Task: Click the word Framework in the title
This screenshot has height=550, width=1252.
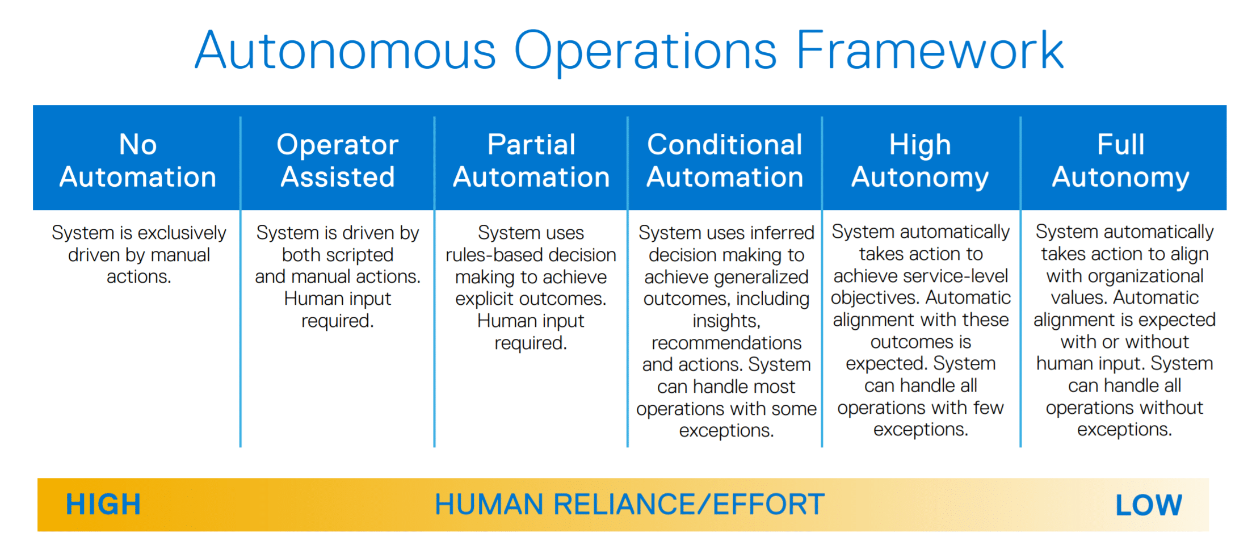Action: click(930, 51)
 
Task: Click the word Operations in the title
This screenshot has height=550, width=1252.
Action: click(645, 52)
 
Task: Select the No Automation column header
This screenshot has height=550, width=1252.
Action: click(138, 161)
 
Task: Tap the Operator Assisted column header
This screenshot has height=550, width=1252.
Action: click(338, 161)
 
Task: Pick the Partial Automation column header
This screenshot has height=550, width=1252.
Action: click(531, 161)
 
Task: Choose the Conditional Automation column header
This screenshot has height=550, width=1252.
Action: click(725, 161)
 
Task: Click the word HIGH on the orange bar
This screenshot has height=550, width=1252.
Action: click(103, 505)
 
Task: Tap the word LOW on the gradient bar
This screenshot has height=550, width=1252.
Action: click(1149, 505)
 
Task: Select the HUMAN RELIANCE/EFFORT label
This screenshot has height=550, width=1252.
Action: click(630, 505)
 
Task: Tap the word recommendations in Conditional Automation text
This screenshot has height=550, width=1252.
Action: click(726, 343)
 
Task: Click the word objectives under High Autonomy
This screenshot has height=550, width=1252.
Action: click(876, 299)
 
